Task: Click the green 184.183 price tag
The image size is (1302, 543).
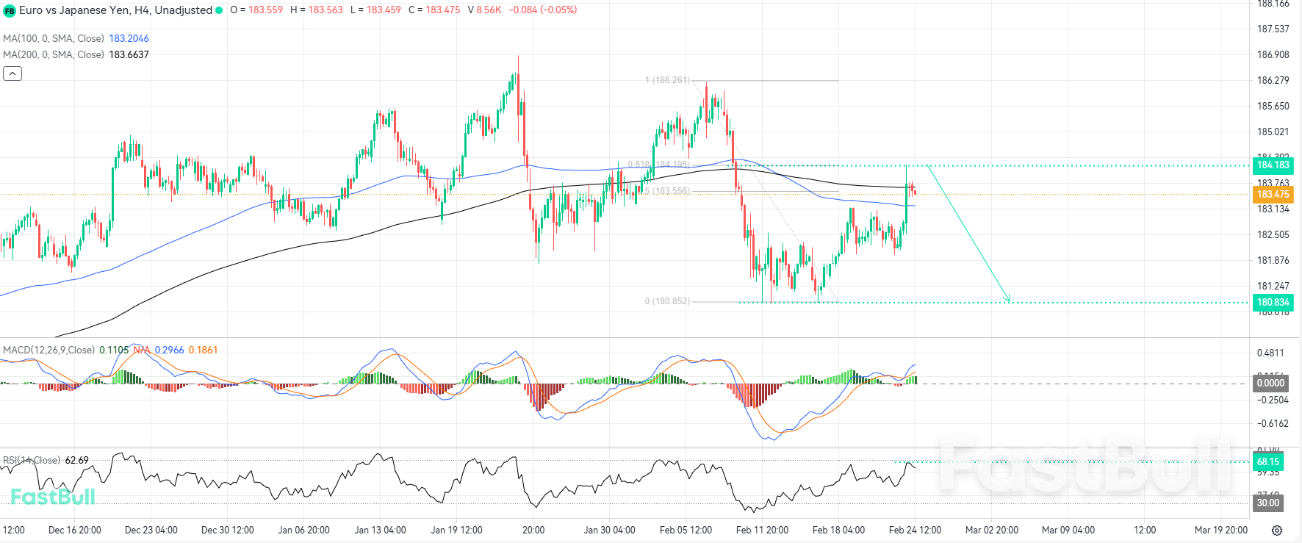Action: click(1273, 165)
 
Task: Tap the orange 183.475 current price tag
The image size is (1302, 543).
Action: click(1273, 194)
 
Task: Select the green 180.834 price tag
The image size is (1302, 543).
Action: click(1273, 302)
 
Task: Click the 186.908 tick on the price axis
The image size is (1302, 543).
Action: click(1273, 54)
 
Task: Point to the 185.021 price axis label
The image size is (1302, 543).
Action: click(1273, 132)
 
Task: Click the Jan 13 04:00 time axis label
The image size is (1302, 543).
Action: click(380, 530)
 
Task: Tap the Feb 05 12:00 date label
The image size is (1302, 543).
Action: click(686, 530)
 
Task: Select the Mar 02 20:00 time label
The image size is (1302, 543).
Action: click(991, 530)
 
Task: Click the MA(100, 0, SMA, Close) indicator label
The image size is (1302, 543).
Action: click(54, 38)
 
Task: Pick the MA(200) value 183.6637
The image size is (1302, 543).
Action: click(129, 54)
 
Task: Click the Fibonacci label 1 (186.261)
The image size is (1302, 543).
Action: click(667, 80)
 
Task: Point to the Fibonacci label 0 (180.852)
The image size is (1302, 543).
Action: click(667, 301)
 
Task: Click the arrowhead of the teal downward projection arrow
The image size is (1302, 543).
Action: click(1009, 299)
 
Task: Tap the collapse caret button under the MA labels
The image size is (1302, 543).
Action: click(12, 73)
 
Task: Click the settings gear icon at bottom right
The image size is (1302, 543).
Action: click(1277, 531)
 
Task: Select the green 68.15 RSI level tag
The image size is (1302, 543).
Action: click(1267, 462)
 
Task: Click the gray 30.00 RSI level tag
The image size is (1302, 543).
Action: click(1267, 503)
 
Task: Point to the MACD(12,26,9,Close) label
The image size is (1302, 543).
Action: click(48, 350)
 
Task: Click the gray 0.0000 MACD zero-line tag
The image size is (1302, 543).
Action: click(1270, 383)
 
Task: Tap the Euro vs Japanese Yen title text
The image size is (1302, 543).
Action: click(115, 10)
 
